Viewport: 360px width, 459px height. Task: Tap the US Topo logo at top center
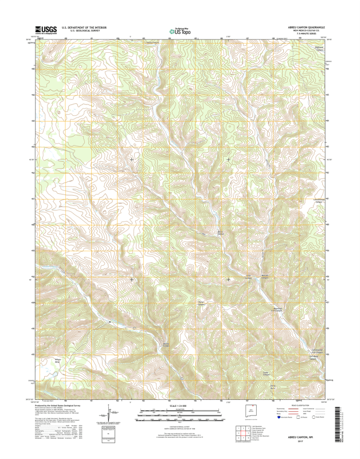click(181, 32)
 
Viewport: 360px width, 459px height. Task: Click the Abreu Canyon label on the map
click(220, 232)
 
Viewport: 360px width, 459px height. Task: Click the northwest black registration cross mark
click(132, 159)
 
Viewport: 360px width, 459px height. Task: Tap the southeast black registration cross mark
click(229, 279)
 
